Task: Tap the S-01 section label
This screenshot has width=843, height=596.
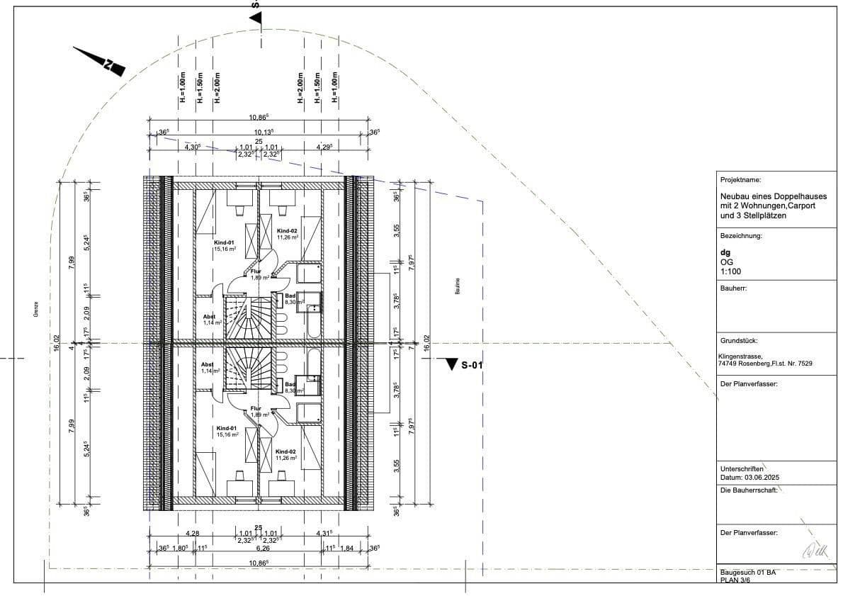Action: pyautogui.click(x=471, y=366)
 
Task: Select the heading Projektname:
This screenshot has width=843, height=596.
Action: pyautogui.click(x=740, y=181)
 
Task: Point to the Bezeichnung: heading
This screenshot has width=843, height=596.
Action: pyautogui.click(x=741, y=236)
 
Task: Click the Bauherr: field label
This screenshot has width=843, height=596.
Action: pyautogui.click(x=733, y=288)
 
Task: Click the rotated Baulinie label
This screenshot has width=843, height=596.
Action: pyautogui.click(x=458, y=286)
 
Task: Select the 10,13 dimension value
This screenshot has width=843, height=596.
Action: pyautogui.click(x=264, y=132)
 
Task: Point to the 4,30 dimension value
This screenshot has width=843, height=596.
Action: pyautogui.click(x=192, y=147)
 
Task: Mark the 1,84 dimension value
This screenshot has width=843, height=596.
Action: pyautogui.click(x=347, y=548)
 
